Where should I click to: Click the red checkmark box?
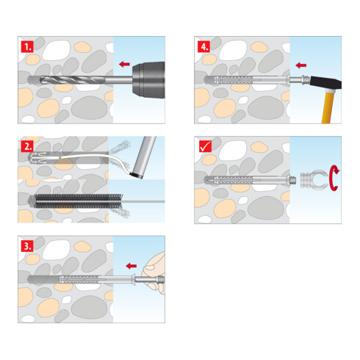[x=204, y=145]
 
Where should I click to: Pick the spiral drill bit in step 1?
[x=70, y=78]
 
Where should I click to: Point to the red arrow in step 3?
[x=132, y=264]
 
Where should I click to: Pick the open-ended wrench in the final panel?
[x=314, y=179]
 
